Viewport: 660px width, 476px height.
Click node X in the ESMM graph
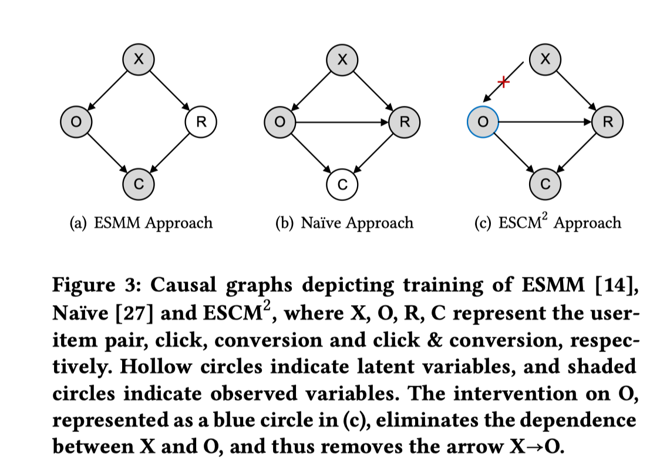pos(139,58)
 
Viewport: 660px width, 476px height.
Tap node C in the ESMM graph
pos(139,183)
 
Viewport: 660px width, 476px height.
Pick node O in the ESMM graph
pos(76,122)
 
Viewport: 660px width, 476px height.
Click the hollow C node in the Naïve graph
pos(342,183)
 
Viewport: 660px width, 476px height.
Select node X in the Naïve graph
pos(342,58)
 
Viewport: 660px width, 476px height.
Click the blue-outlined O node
pos(482,122)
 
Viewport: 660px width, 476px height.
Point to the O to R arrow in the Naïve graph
pos(342,122)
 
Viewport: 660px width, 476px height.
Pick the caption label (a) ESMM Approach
pos(140,223)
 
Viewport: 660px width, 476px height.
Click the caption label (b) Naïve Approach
pos(344,223)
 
